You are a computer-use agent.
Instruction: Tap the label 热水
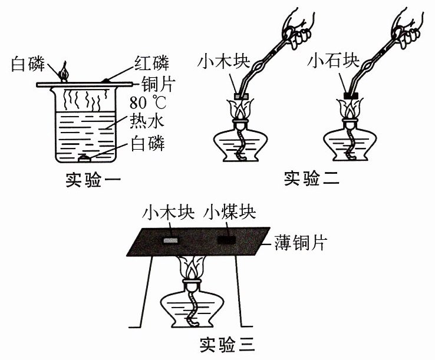(148, 123)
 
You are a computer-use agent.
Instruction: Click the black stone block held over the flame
(351, 95)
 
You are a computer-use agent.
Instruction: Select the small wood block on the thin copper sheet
(170, 240)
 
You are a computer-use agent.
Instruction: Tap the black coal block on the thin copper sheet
(226, 240)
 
